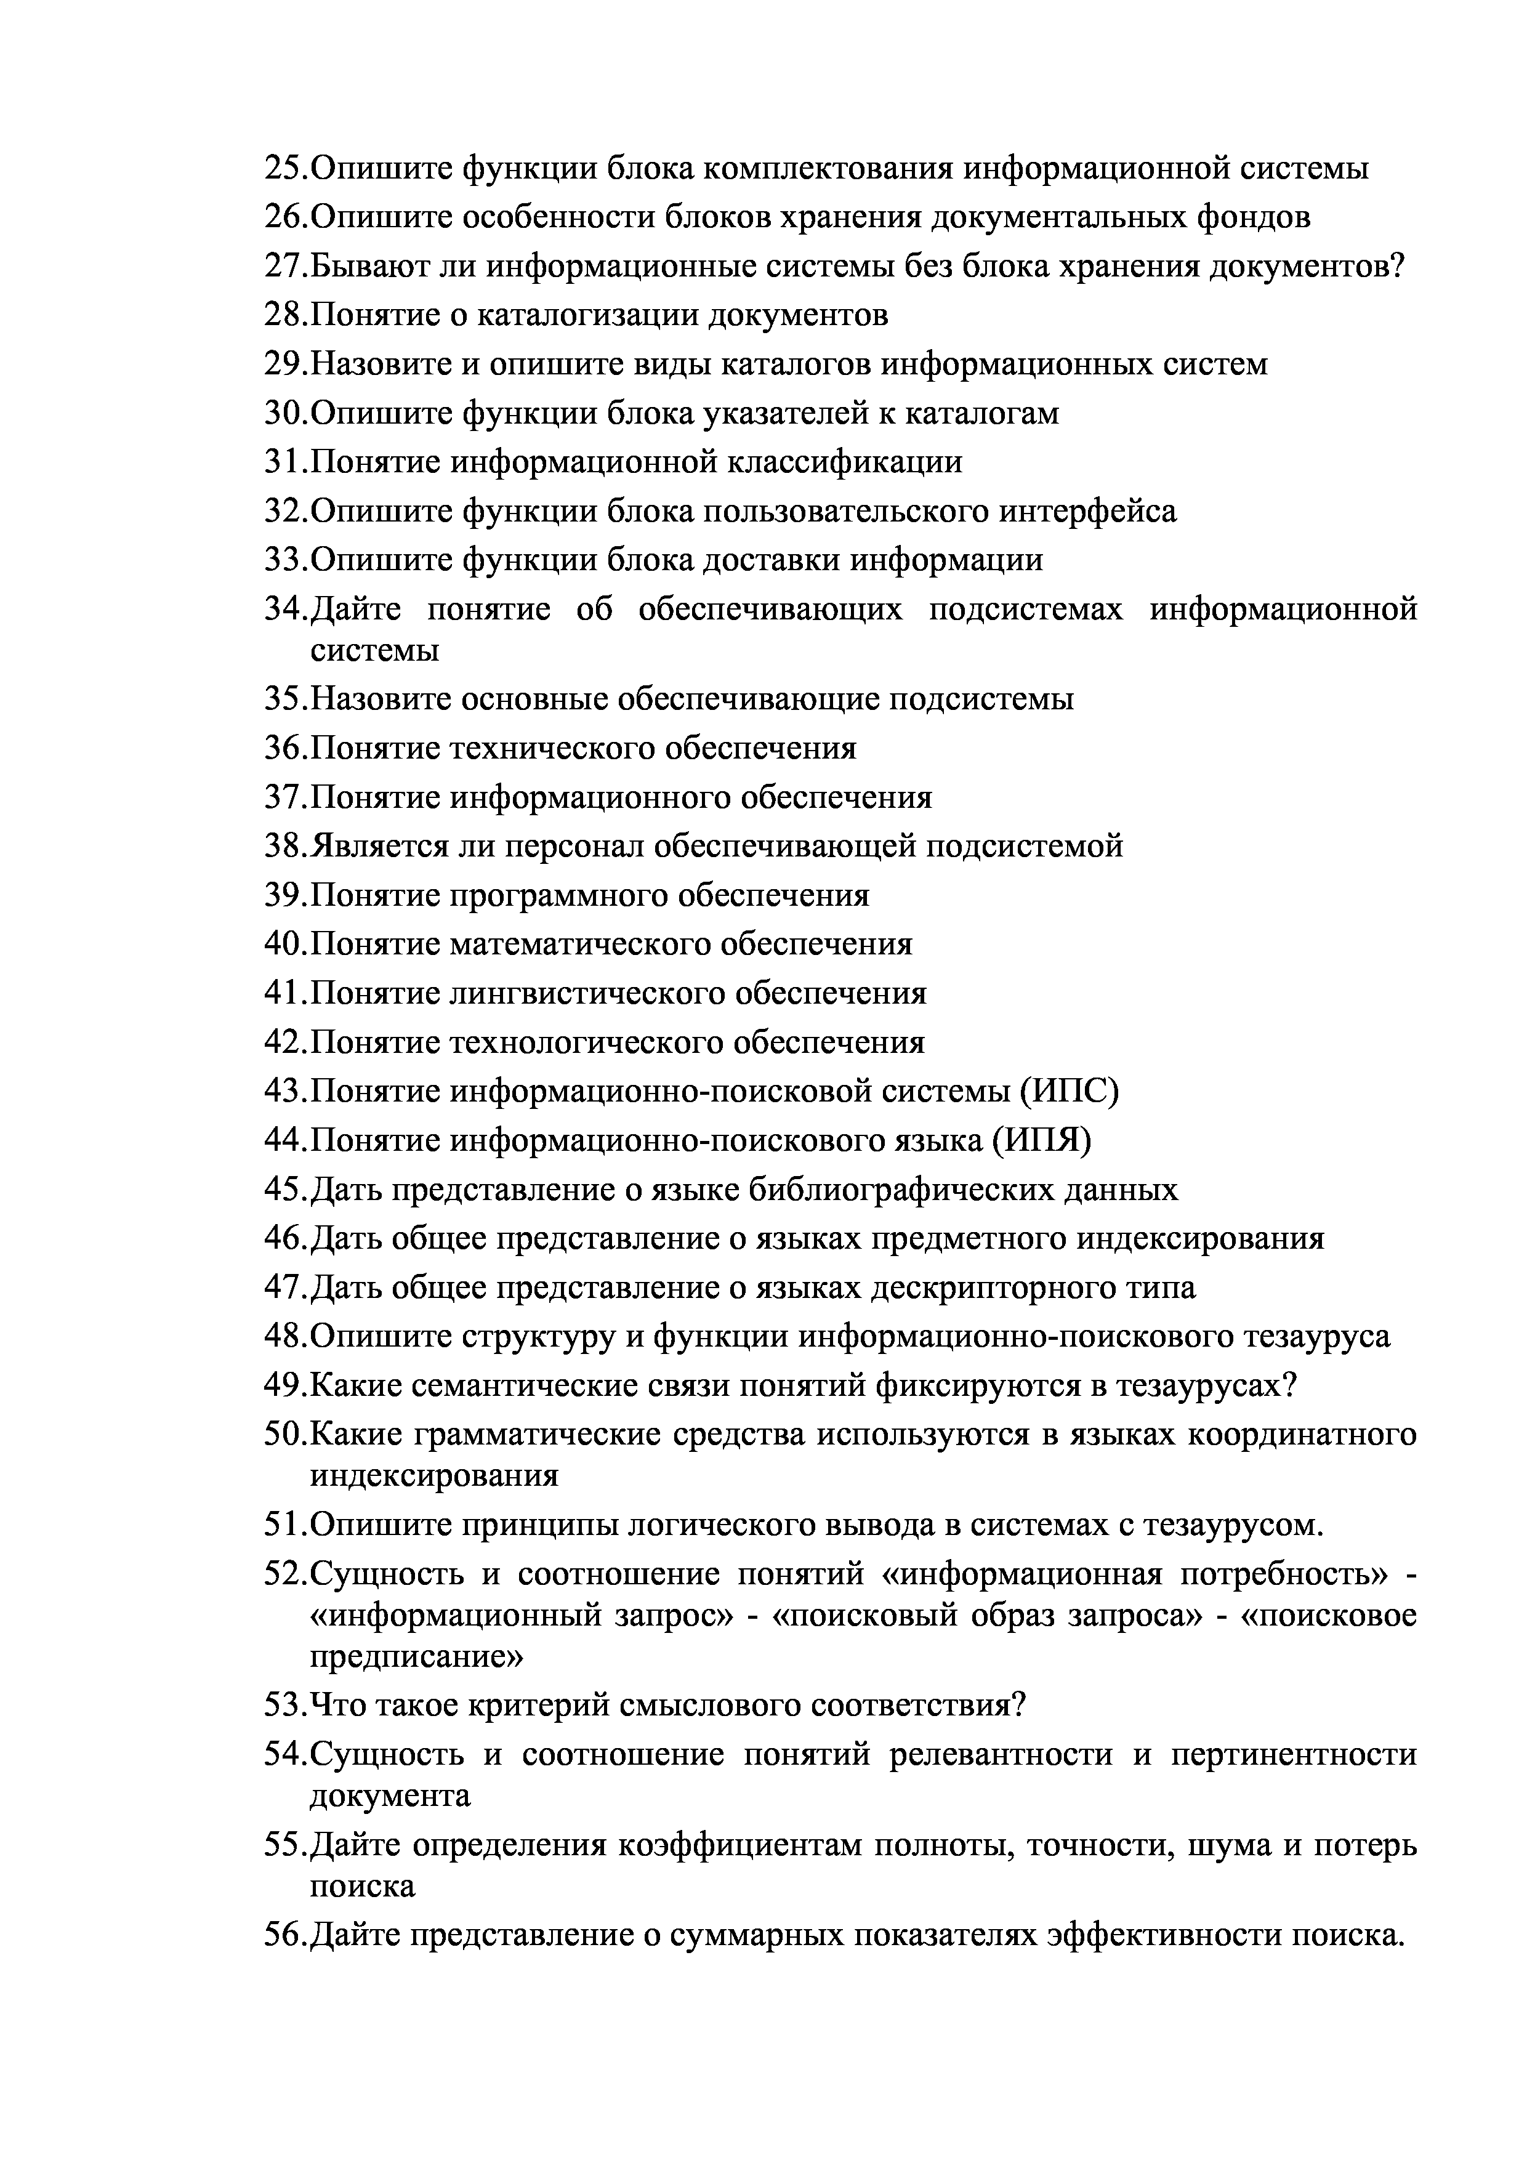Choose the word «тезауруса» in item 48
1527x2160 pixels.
1317,1337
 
